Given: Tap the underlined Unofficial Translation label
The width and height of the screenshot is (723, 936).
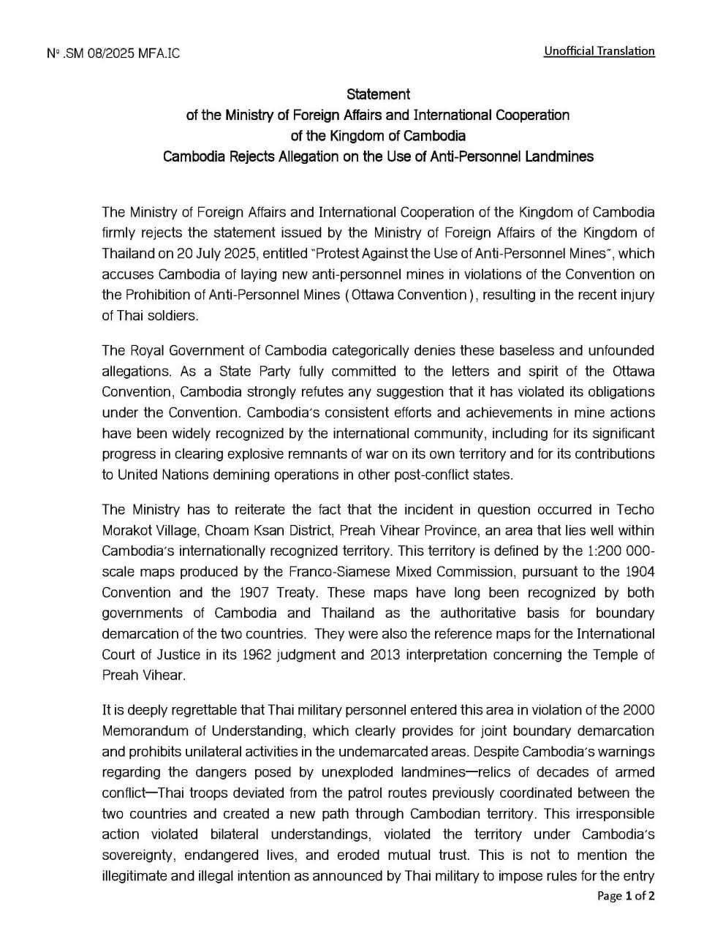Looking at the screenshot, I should tap(599, 50).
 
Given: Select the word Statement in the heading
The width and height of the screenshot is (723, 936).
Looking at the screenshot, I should tap(378, 94).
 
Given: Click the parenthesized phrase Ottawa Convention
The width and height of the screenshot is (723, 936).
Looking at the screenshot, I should tap(416, 295).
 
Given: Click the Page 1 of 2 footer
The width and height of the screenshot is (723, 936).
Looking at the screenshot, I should tap(626, 896).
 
